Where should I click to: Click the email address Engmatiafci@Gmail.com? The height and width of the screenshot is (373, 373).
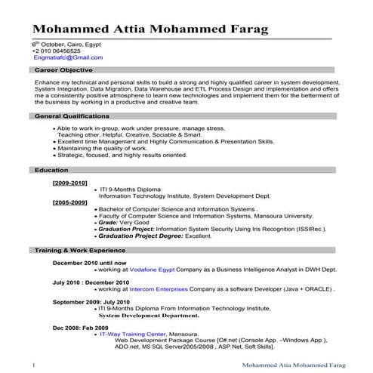pos(67,57)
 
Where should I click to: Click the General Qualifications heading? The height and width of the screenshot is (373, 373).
pos(72,116)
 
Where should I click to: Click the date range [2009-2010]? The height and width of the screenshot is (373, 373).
pos(69,183)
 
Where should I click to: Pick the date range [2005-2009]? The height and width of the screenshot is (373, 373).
pos(69,202)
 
